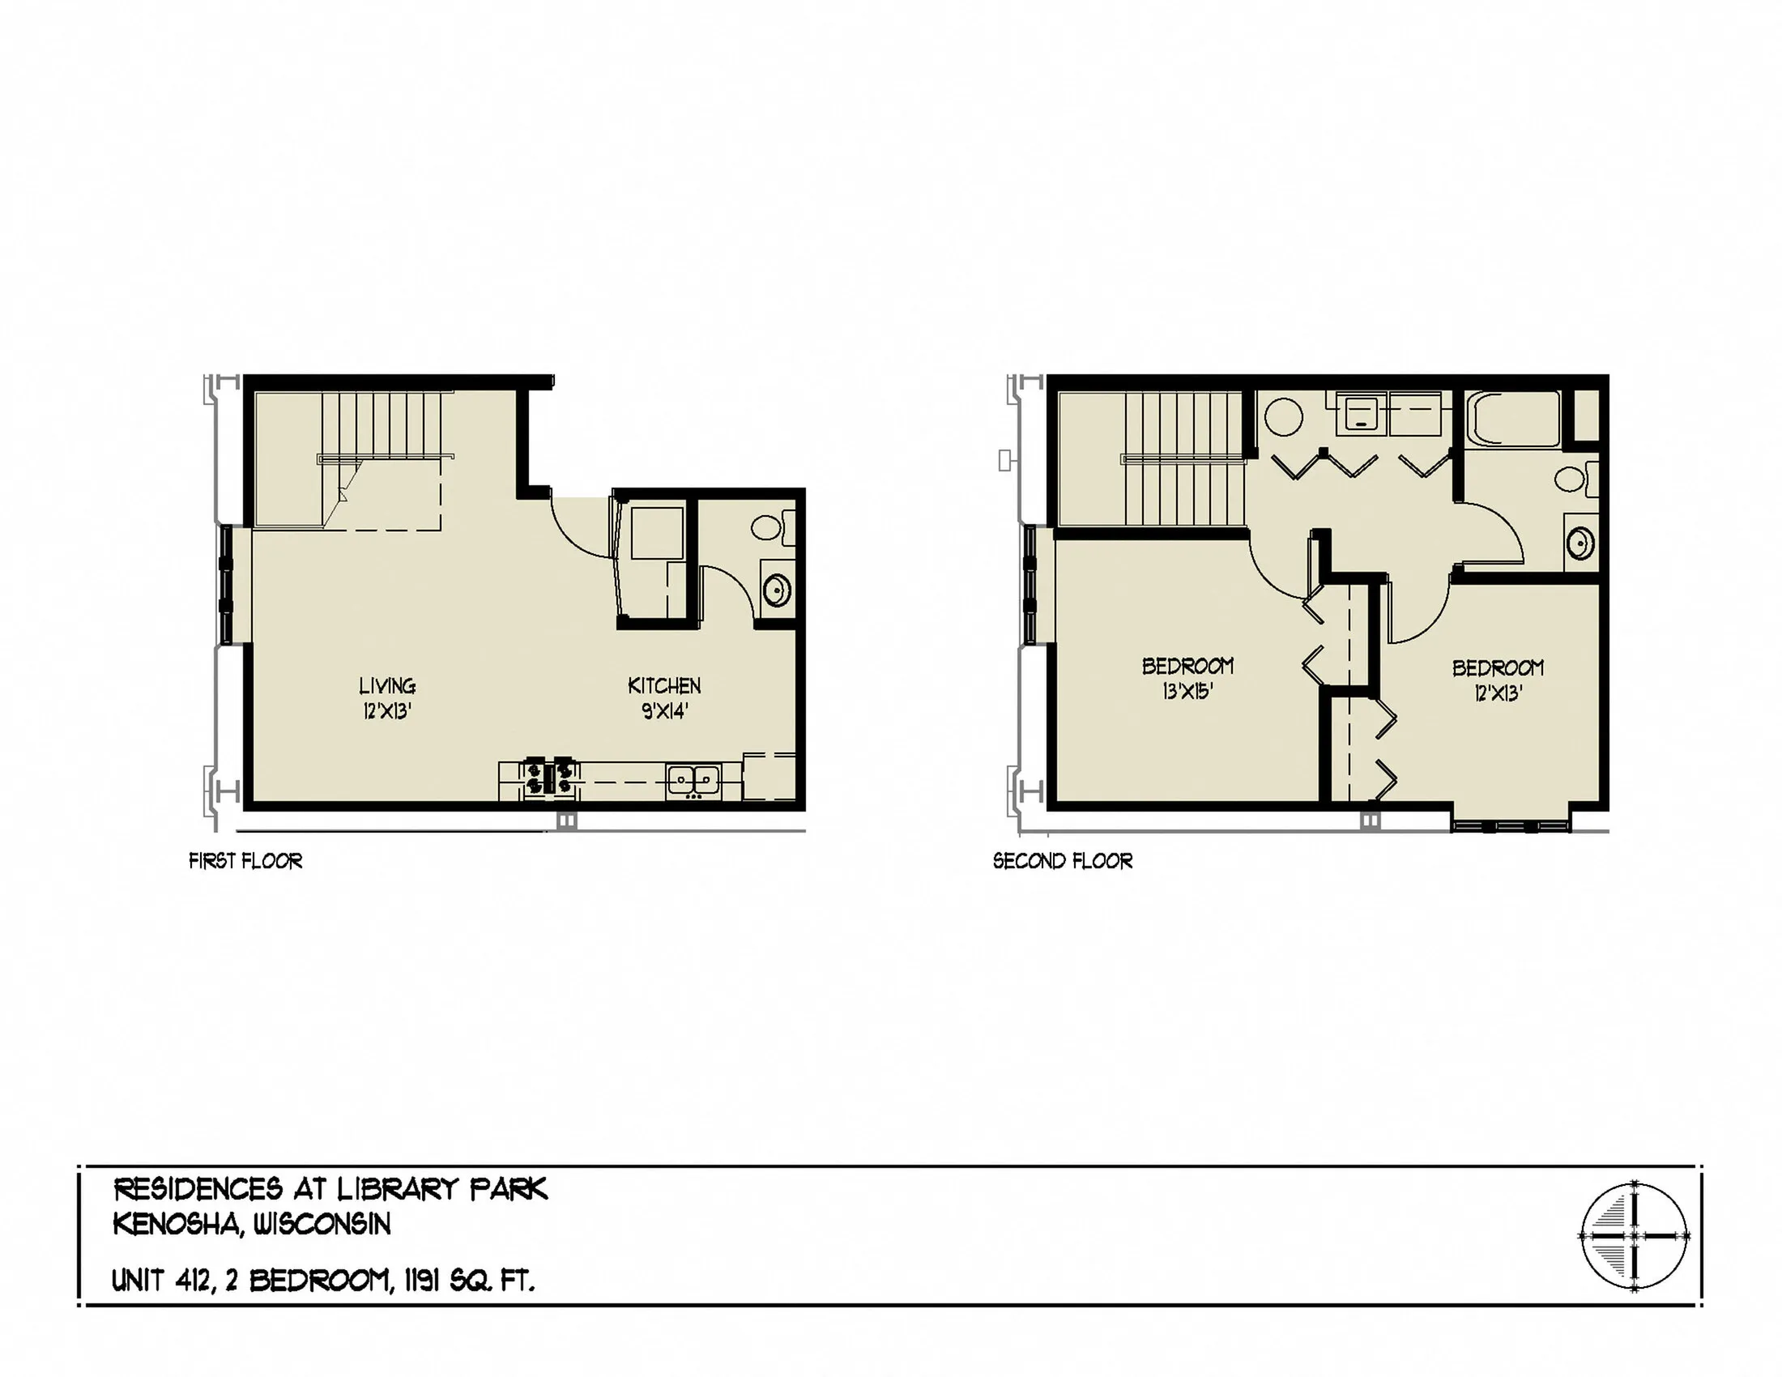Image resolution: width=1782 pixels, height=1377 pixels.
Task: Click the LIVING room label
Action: pos(386,686)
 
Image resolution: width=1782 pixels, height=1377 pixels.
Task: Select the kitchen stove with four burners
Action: pos(551,777)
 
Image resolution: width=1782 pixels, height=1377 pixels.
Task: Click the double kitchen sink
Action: pos(693,781)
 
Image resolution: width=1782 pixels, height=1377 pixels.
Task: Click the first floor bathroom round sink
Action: pos(776,589)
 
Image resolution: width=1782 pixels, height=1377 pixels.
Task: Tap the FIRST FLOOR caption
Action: pos(245,862)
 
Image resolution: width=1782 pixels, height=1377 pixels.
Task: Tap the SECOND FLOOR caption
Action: pos(1063,862)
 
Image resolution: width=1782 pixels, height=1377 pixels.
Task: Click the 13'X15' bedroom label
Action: pos(1187,692)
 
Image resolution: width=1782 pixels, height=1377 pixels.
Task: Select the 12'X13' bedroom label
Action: pos(1497,693)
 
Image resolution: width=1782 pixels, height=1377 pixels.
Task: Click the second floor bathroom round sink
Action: pos(1580,544)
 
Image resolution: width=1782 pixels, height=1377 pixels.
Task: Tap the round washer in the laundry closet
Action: pos(1284,417)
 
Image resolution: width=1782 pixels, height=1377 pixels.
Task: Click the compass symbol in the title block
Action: pos(1634,1236)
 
